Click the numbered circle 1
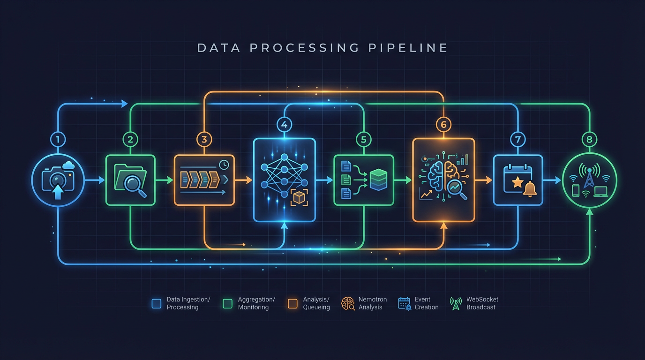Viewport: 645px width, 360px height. (58, 139)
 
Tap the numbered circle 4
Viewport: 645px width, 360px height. (285, 124)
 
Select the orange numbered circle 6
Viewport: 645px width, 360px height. (443, 124)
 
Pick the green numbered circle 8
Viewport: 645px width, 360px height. (589, 139)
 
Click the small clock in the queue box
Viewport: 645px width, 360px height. (224, 165)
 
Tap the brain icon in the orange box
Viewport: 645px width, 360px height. (443, 176)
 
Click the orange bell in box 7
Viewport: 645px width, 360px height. (530, 189)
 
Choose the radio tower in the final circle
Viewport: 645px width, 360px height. (589, 174)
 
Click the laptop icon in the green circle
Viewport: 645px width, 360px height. (600, 191)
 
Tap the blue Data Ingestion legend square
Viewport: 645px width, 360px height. (157, 304)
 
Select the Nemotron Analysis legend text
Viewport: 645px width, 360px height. (373, 303)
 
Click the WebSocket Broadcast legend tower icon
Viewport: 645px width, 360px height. (455, 304)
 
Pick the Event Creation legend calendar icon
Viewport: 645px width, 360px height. (404, 303)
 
